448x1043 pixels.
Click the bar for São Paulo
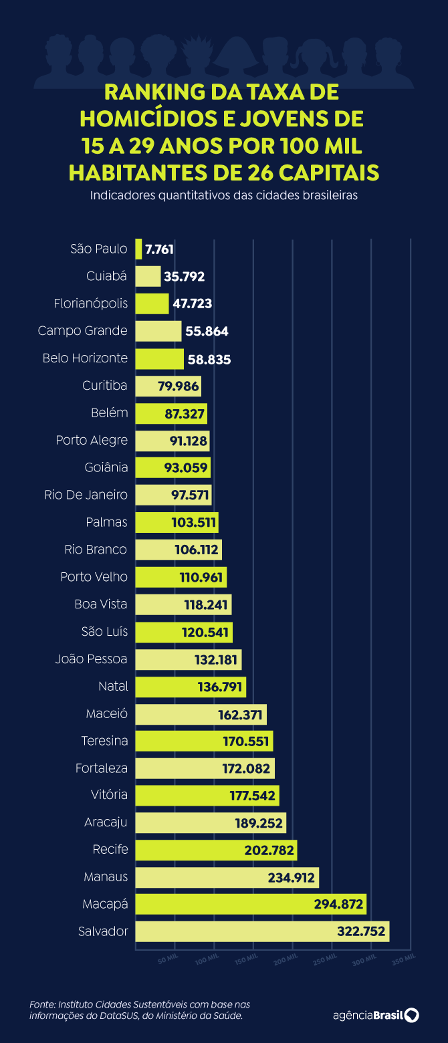pyautogui.click(x=138, y=249)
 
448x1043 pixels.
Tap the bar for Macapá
pyautogui.click(x=251, y=905)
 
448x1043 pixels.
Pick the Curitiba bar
pyautogui.click(x=168, y=386)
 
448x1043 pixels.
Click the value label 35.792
pyautogui.click(x=185, y=277)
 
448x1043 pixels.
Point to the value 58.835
pyautogui.click(x=209, y=359)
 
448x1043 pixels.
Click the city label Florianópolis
pyautogui.click(x=91, y=304)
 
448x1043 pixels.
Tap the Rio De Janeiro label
pyautogui.click(x=86, y=495)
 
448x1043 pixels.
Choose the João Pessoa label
pyautogui.click(x=91, y=659)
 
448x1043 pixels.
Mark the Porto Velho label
pyautogui.click(x=94, y=577)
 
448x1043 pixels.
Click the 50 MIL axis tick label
pyautogui.click(x=168, y=959)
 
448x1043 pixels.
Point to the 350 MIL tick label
pyautogui.click(x=403, y=959)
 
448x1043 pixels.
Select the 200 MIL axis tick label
pyautogui.click(x=286, y=959)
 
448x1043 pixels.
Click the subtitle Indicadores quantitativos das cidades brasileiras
pyautogui.click(x=224, y=197)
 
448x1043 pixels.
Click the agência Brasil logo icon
pyautogui.click(x=412, y=1015)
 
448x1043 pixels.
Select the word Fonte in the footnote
pyautogui.click(x=41, y=1005)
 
